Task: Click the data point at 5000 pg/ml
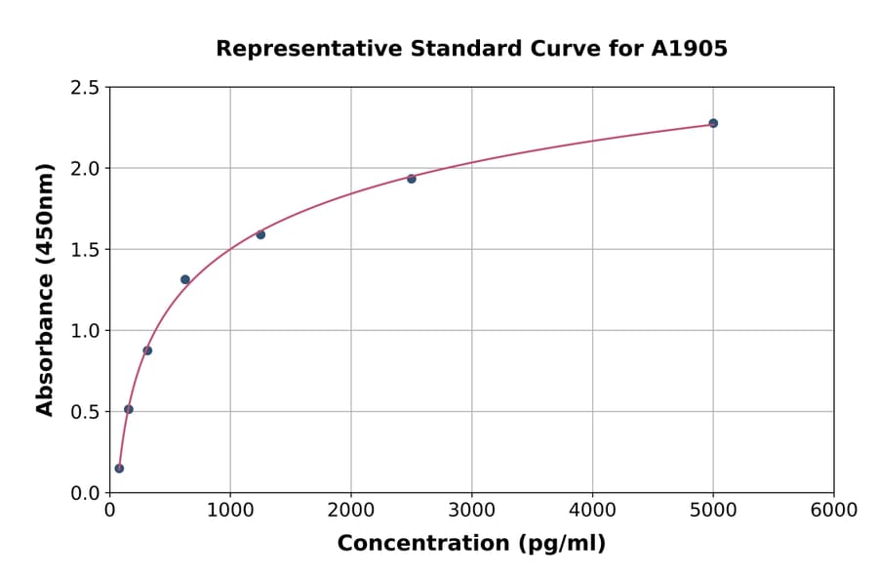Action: point(713,123)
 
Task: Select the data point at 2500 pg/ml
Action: point(412,179)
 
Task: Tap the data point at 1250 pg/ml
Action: point(260,234)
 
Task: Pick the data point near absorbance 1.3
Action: point(185,279)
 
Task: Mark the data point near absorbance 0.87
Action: point(147,351)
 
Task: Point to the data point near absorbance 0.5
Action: point(129,409)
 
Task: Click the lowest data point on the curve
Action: point(119,469)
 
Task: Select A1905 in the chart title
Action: point(690,49)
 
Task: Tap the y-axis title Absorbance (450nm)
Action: point(45,289)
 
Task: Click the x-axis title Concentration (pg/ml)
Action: point(471,544)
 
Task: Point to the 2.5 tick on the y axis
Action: point(85,88)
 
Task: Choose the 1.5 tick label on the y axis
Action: point(85,250)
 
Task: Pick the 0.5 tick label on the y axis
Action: point(85,412)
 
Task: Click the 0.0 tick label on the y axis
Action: point(85,493)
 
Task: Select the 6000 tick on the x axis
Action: point(834,511)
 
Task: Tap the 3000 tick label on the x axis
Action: point(471,511)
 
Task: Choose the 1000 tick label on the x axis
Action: point(230,511)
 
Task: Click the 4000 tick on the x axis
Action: point(592,511)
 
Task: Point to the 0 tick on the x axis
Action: point(109,511)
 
